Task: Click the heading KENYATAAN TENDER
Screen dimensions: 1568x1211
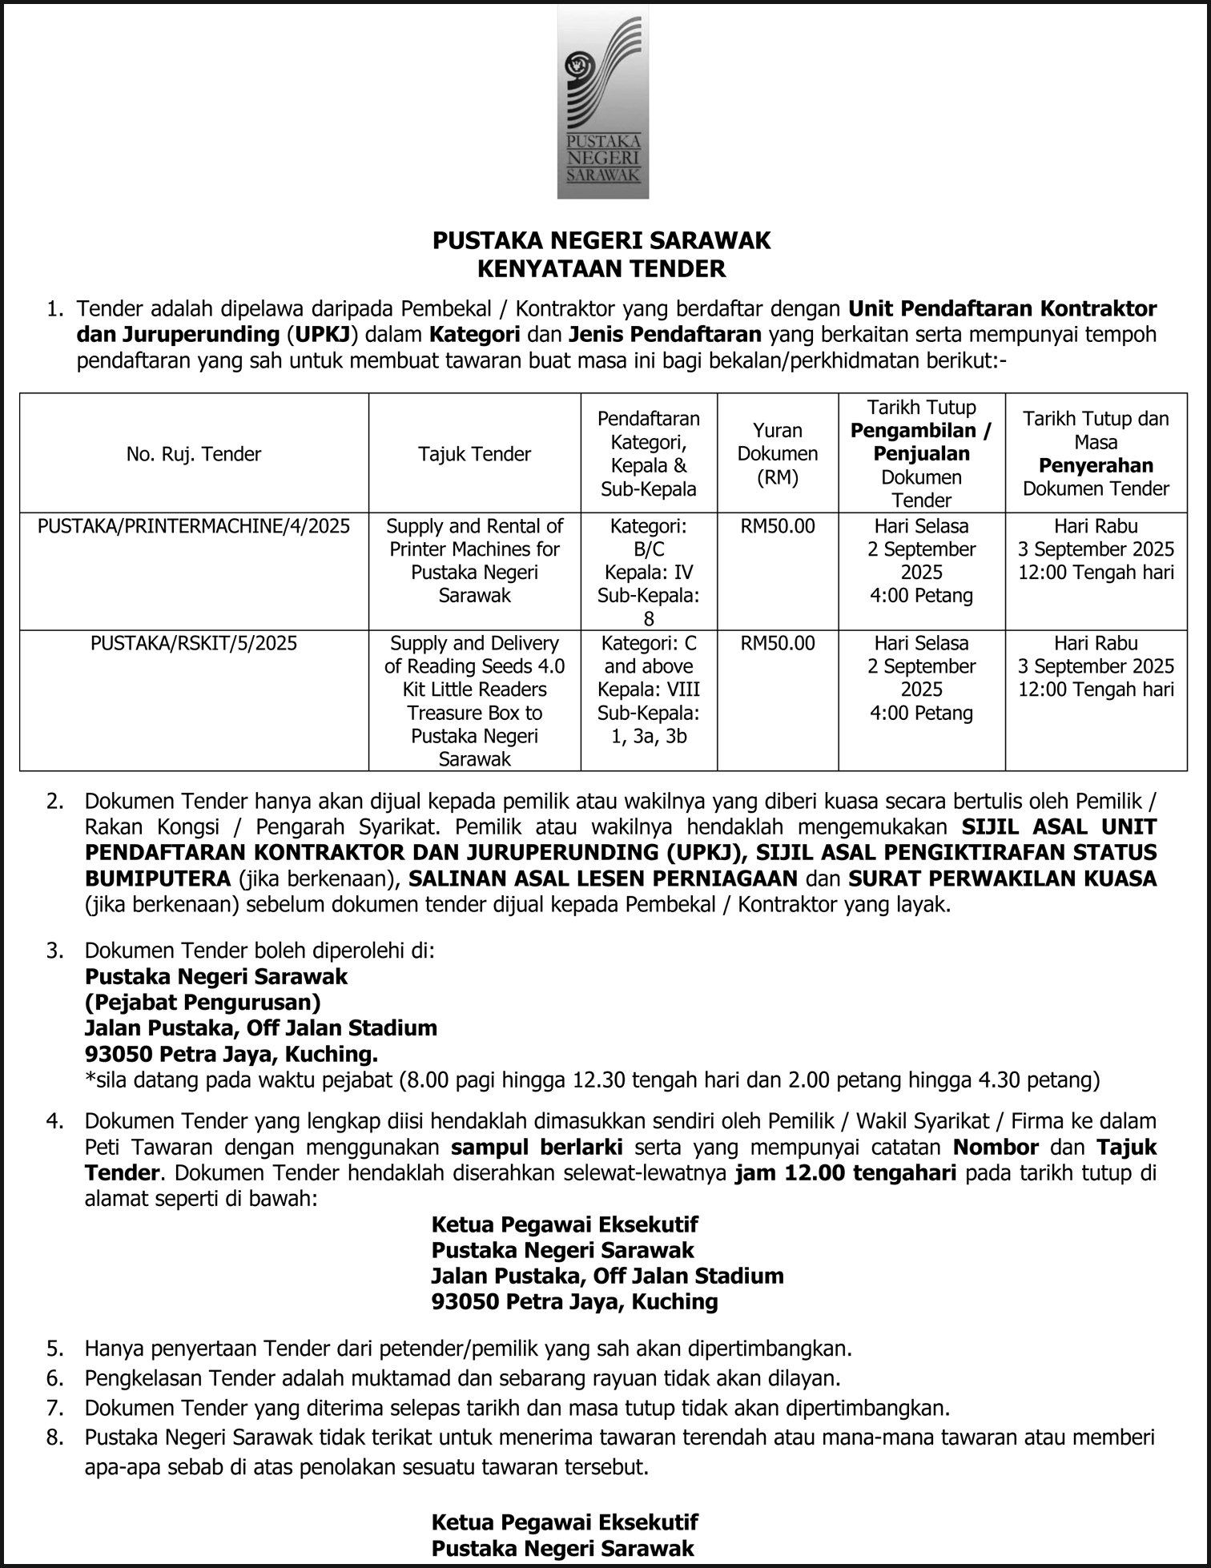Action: (x=601, y=268)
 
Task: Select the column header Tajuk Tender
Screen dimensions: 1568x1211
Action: (x=474, y=454)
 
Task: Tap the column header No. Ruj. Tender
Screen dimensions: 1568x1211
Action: (x=194, y=454)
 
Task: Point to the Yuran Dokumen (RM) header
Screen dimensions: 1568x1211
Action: (x=777, y=454)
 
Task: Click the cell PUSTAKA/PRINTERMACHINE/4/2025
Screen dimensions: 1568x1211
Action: (x=194, y=526)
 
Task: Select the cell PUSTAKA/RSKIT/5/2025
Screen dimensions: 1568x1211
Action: (x=194, y=643)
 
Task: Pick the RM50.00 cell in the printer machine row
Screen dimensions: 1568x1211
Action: (x=777, y=526)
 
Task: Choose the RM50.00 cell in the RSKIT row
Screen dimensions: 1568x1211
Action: (x=777, y=643)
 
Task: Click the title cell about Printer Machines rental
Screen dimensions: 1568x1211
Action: (x=474, y=561)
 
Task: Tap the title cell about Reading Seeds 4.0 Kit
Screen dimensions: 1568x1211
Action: (x=474, y=701)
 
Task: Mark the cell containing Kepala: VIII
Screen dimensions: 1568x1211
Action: (x=649, y=690)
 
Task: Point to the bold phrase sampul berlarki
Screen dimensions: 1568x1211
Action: (x=537, y=1147)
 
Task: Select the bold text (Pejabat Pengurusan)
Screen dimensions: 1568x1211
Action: (x=203, y=1002)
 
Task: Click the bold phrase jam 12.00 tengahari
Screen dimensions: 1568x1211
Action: (x=845, y=1173)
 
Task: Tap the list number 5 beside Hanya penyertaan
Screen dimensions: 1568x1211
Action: (x=54, y=1349)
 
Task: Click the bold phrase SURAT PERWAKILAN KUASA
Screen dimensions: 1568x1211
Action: (x=1002, y=878)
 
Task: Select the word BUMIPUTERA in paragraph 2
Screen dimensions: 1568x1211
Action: (x=158, y=878)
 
